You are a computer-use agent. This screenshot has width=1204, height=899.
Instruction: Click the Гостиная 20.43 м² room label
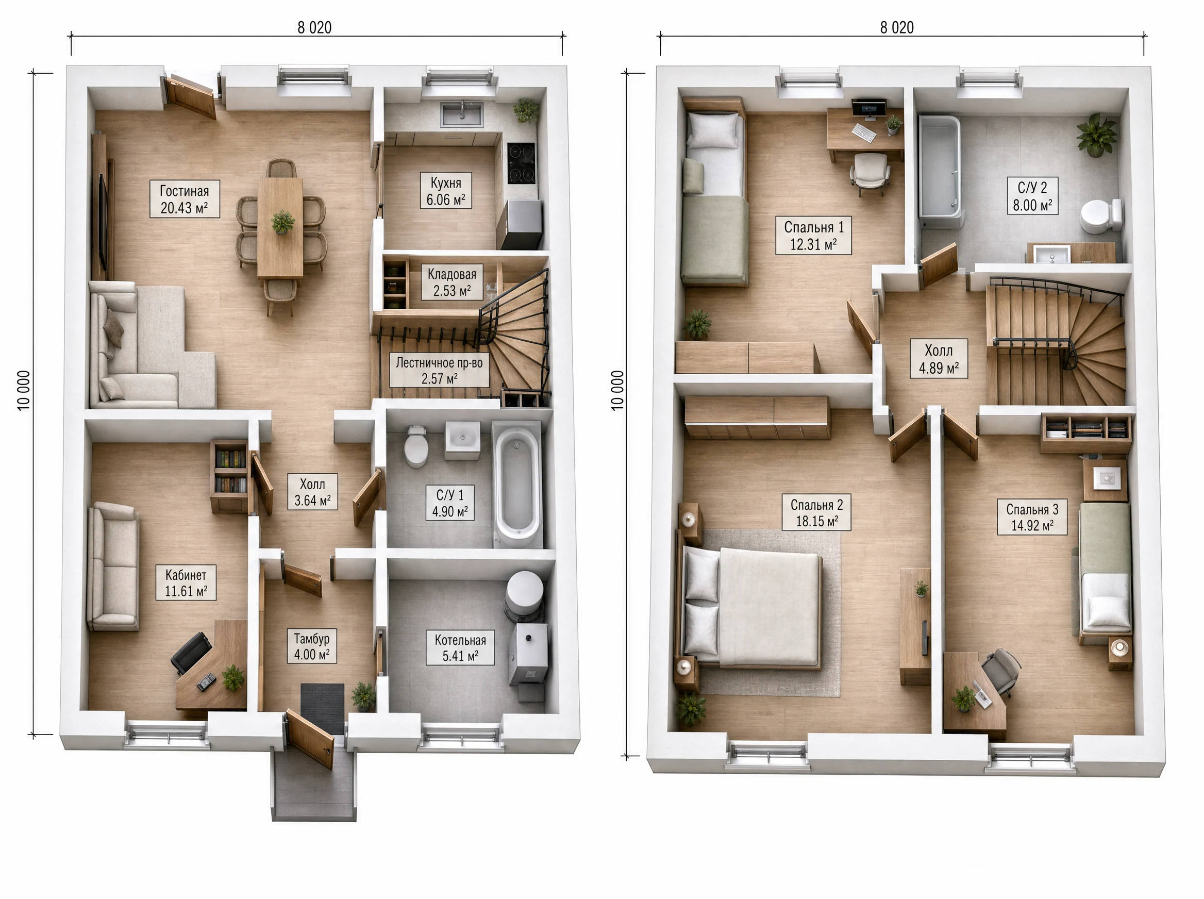click(185, 199)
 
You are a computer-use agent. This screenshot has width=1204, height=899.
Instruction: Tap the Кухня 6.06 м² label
click(446, 191)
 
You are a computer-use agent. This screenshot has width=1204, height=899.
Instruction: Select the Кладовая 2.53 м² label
click(451, 282)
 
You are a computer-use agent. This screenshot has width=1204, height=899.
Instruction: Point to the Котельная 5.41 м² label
click(460, 647)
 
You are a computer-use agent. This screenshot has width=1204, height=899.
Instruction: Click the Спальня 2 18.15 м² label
click(816, 512)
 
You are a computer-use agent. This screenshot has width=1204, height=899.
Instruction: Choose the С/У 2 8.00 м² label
click(1032, 196)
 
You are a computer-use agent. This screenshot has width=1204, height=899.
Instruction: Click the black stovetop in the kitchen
click(521, 163)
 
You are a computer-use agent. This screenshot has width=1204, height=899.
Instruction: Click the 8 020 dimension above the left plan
click(314, 27)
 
